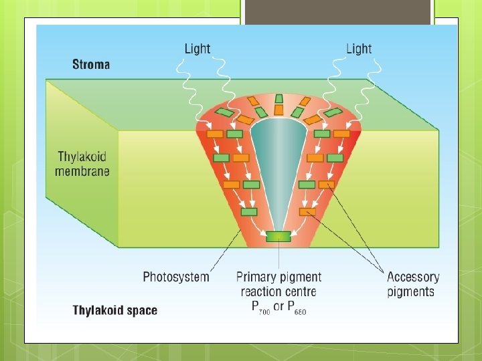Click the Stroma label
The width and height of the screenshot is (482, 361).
click(x=91, y=65)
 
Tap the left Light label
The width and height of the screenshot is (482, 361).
click(x=197, y=49)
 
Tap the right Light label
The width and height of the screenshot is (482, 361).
click(x=359, y=49)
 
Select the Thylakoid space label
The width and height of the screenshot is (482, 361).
click(x=115, y=310)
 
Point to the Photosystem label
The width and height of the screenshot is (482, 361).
click(x=176, y=277)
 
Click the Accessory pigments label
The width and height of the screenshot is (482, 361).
click(x=413, y=284)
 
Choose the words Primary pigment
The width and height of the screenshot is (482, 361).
click(x=278, y=277)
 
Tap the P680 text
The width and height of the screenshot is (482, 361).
click(x=295, y=308)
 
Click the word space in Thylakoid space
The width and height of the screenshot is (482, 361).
click(x=141, y=311)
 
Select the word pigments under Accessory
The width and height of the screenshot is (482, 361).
click(x=411, y=292)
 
